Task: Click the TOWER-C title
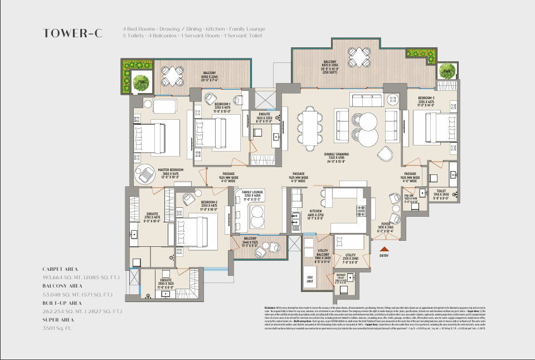pos(73,33)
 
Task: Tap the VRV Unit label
pos(310,279)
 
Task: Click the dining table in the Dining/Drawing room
pos(308,129)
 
